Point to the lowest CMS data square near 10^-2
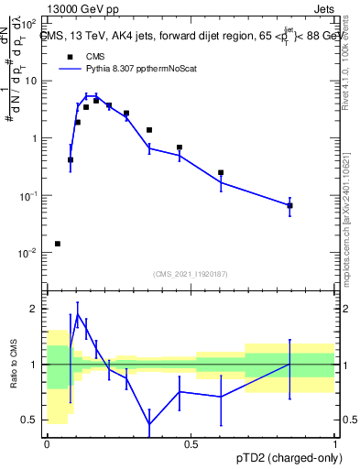pos(58,244)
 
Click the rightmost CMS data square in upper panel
pos(289,205)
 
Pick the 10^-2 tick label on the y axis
pos(29,253)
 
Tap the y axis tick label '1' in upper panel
pos(35,138)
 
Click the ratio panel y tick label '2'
pos(36,309)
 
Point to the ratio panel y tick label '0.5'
pos(31,420)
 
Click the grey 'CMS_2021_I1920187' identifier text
pos(190,274)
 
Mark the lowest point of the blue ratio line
pos(149,424)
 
